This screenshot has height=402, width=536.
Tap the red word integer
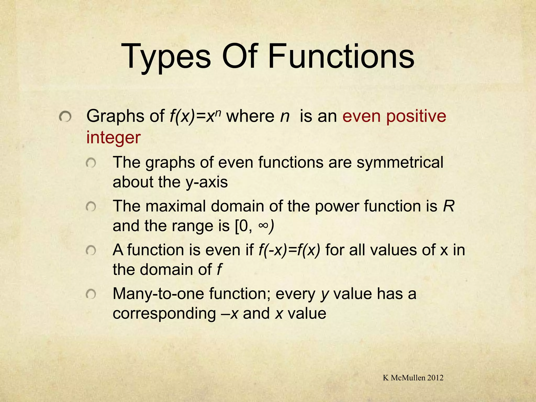[113, 138]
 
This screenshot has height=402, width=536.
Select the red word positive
[416, 116]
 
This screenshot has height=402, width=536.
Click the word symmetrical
[400, 162]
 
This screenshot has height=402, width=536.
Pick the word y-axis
[207, 182]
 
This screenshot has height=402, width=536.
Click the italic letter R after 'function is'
[449, 206]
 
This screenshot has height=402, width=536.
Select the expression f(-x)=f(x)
[289, 250]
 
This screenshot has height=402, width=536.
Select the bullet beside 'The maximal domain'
[91, 207]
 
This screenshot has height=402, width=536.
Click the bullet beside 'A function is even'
[91, 251]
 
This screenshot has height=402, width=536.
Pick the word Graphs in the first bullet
[115, 116]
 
